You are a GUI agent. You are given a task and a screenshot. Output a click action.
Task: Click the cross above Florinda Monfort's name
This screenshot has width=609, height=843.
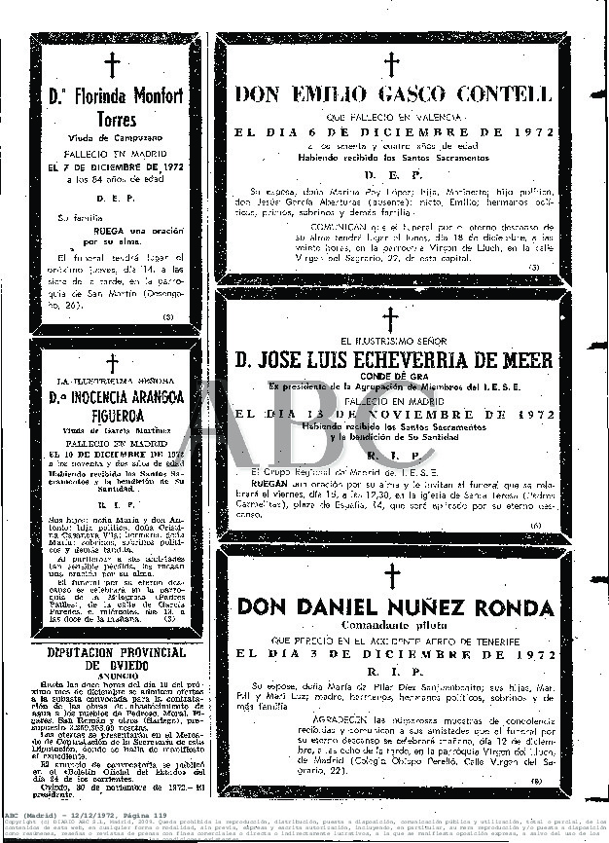[x=114, y=66]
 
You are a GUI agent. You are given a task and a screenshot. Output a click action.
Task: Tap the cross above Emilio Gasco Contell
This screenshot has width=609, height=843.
[x=391, y=64]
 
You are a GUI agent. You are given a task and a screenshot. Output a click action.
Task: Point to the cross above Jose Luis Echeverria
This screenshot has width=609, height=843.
[x=391, y=318]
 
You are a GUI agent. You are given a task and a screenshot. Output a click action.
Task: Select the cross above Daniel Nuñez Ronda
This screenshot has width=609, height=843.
[x=391, y=574]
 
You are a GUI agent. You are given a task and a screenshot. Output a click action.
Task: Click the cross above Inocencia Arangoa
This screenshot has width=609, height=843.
[x=113, y=363]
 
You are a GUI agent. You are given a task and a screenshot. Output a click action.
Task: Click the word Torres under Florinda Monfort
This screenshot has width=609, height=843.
[x=114, y=121]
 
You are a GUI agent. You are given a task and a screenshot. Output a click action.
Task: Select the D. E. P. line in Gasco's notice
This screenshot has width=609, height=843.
[x=391, y=174]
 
